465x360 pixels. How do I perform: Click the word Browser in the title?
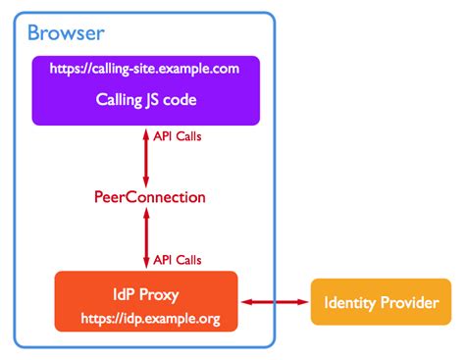(x=66, y=34)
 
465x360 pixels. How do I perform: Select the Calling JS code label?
(x=145, y=99)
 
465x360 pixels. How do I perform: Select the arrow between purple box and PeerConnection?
(x=145, y=157)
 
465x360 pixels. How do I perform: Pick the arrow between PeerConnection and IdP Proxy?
(x=145, y=238)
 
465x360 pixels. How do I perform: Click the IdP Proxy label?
(x=145, y=291)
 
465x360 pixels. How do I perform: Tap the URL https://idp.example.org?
(x=145, y=319)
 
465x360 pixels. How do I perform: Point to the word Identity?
(x=350, y=303)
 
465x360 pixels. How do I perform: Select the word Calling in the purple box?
(x=119, y=99)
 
